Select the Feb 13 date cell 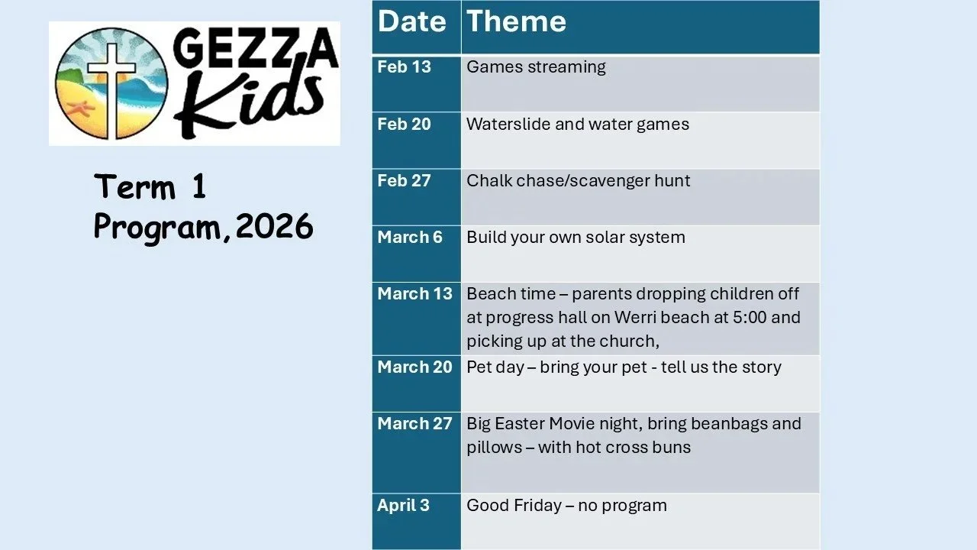[404, 67]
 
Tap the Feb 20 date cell [404, 124]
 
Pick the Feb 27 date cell [404, 180]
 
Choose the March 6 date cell [410, 237]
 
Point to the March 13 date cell [414, 293]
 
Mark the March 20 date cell [414, 367]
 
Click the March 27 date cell [414, 423]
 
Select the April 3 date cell [403, 505]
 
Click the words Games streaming [536, 67]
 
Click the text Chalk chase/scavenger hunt [578, 181]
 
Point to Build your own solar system [576, 238]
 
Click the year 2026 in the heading [274, 227]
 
